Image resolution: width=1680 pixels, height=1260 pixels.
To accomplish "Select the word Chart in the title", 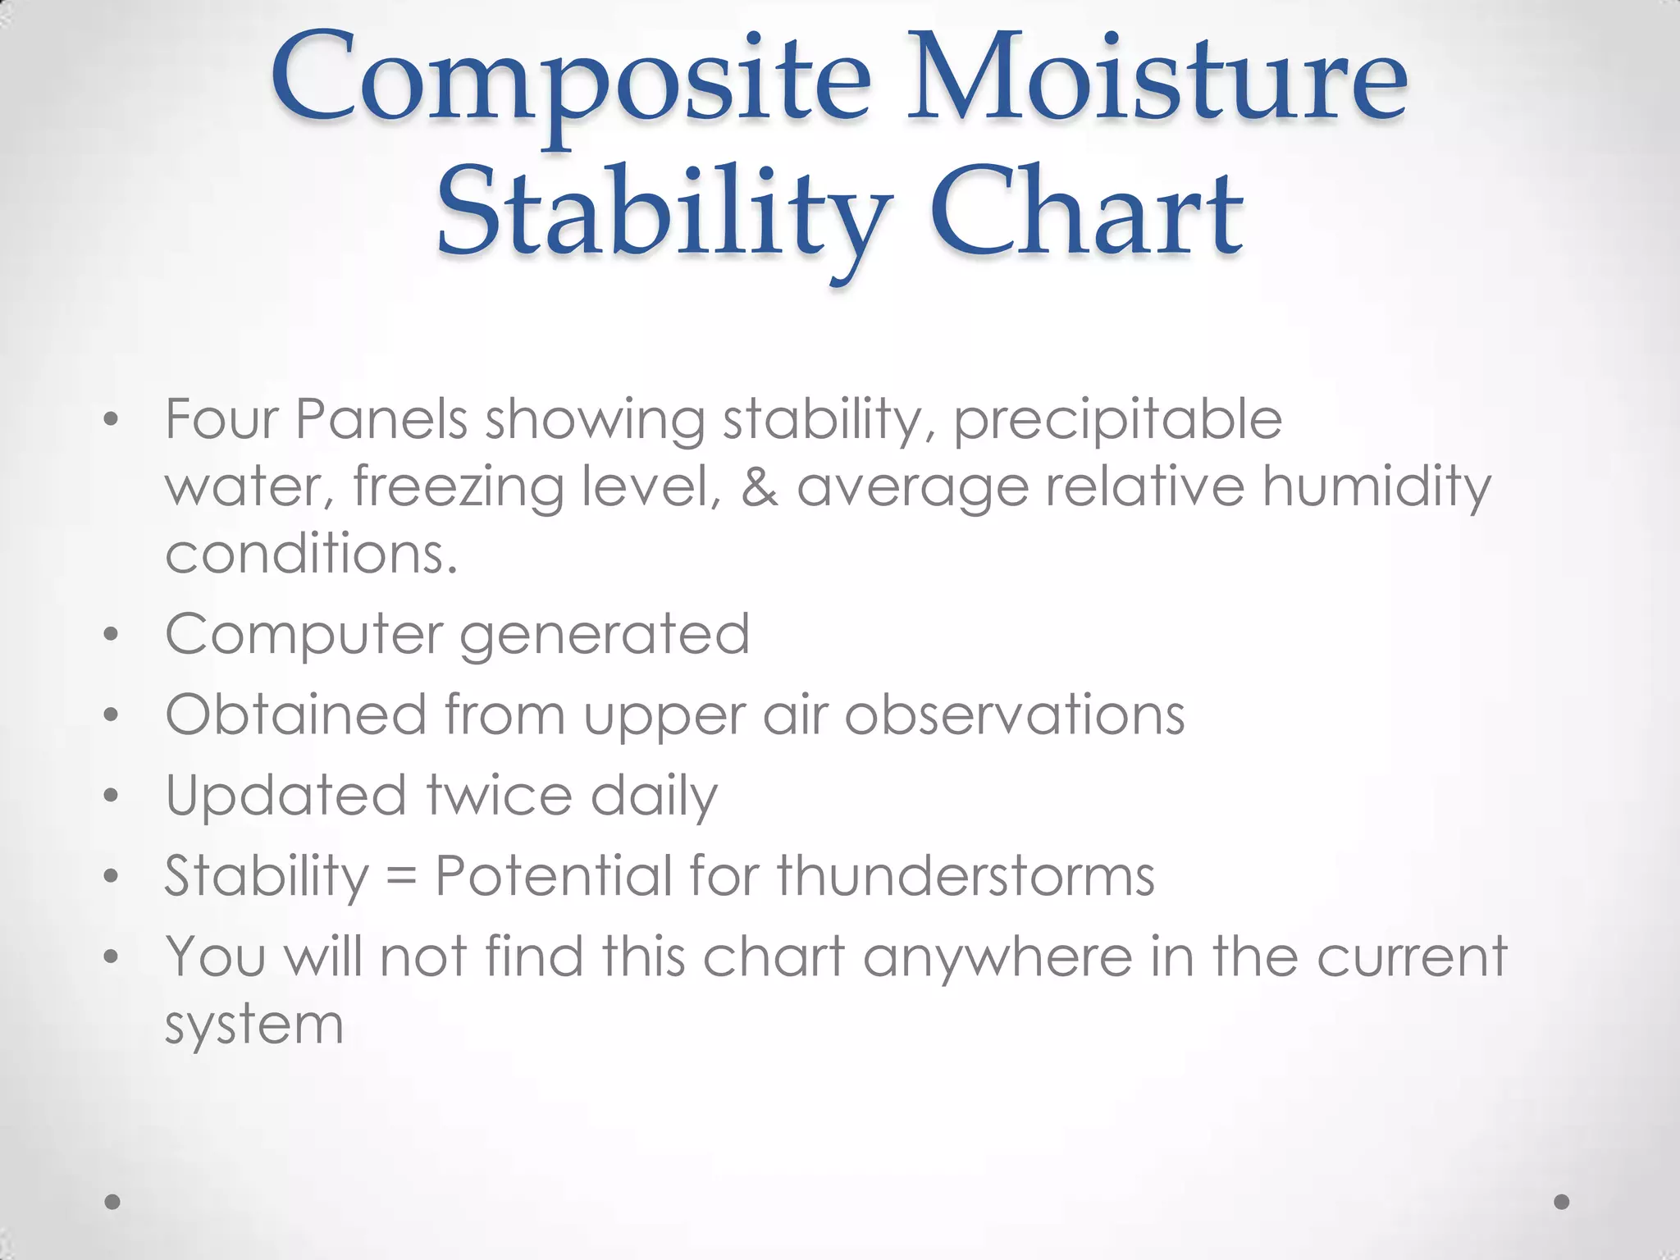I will click(1086, 213).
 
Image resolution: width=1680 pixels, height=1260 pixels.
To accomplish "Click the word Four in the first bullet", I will click(221, 419).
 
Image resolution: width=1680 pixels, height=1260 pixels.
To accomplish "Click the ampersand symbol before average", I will click(760, 486).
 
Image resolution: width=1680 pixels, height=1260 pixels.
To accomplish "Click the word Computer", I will click(303, 636).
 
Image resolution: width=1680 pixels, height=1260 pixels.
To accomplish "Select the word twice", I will click(499, 795).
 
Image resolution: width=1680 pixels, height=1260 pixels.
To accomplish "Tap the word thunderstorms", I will click(966, 875).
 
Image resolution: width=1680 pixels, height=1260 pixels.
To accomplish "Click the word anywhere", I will click(997, 957).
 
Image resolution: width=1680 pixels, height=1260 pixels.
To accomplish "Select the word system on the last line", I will click(253, 1025).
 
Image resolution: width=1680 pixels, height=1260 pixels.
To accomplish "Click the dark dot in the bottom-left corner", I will click(113, 1202).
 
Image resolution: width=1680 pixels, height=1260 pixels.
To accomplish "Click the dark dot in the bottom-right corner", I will click(1562, 1202).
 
